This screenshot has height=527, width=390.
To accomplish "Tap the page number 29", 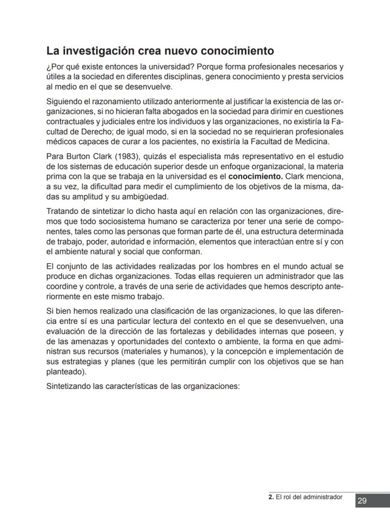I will coord(362,501).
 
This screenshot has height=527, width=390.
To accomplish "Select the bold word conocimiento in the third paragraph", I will coord(255,177).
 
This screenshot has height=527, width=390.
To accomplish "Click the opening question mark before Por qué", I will coord(49,66).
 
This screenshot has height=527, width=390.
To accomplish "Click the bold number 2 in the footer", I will coord(270,497).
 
